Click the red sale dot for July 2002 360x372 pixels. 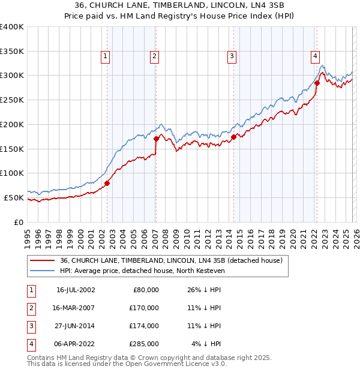tap(107, 183)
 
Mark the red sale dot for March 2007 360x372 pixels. tap(156, 139)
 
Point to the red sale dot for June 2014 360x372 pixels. tap(233, 137)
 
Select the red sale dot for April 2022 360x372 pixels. tap(317, 83)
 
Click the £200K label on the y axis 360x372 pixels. tap(11, 124)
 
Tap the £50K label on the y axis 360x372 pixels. tap(13, 197)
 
